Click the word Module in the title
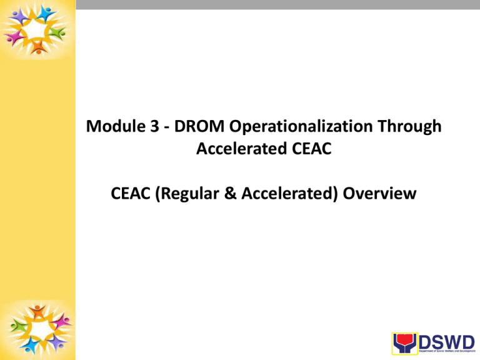click(111, 127)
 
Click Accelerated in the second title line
click(231, 149)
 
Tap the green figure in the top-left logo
click(57, 32)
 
